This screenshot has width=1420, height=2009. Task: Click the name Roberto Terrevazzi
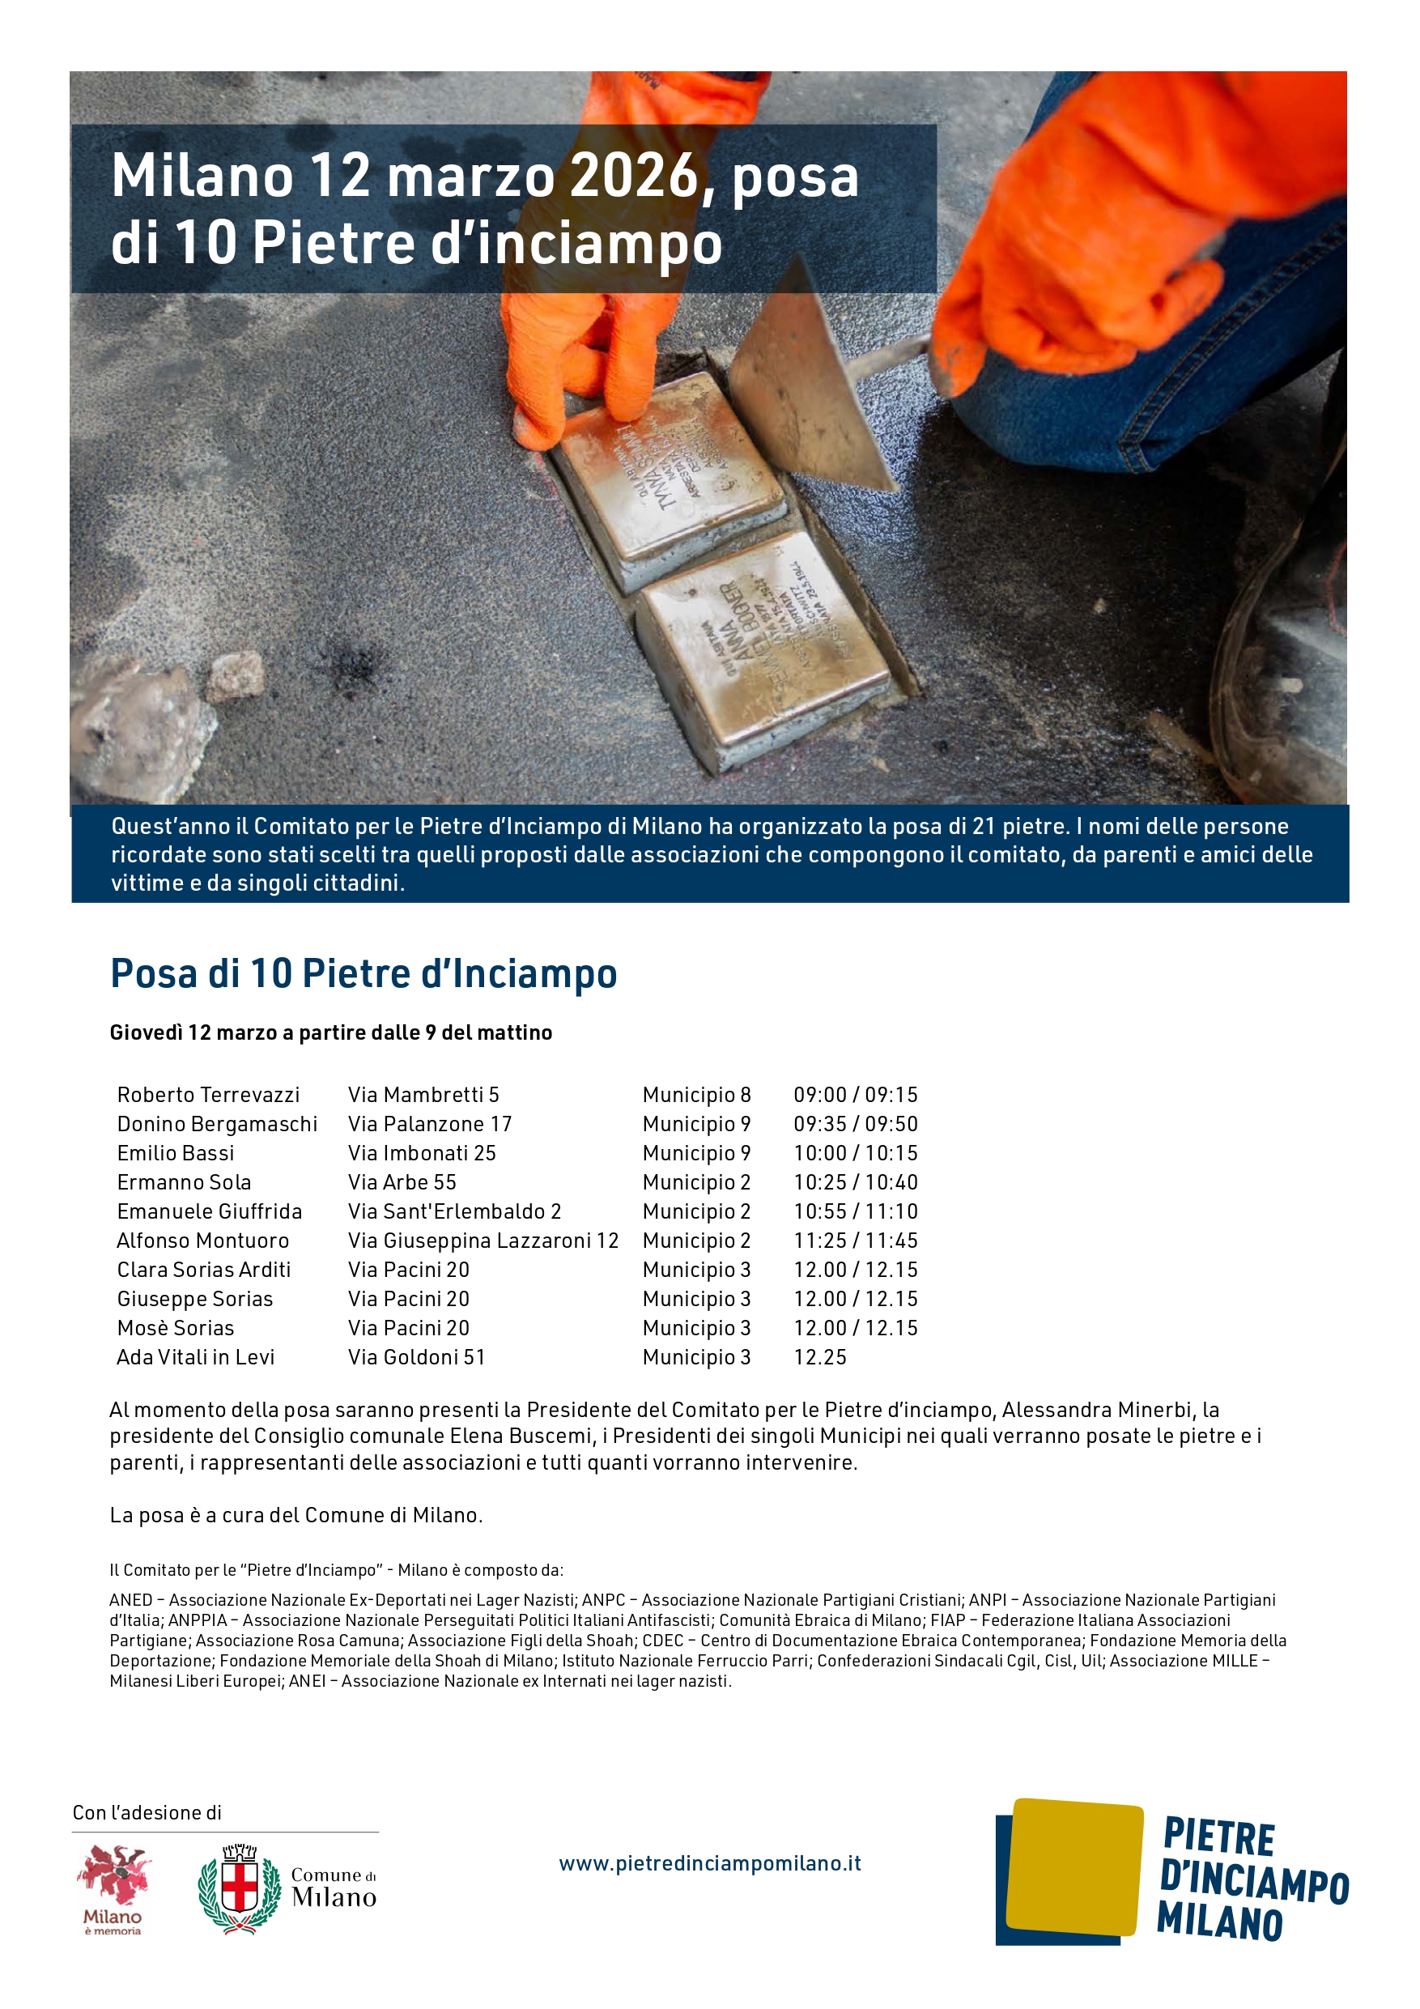208,1095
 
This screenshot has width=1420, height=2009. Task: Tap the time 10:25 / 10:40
855,1182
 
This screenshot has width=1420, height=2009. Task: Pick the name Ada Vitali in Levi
195,1357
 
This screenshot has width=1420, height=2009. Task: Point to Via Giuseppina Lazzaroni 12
483,1241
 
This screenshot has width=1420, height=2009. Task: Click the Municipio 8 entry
696,1095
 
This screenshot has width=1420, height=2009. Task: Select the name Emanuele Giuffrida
209,1211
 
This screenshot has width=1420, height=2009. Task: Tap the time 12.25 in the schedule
820,1357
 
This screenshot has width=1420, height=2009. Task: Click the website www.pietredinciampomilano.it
709,1863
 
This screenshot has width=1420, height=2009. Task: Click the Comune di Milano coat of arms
239,1888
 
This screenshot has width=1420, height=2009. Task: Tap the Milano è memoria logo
113,1888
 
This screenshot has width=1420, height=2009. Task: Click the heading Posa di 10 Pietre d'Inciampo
363,973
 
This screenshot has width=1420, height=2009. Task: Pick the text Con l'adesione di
147,1812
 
